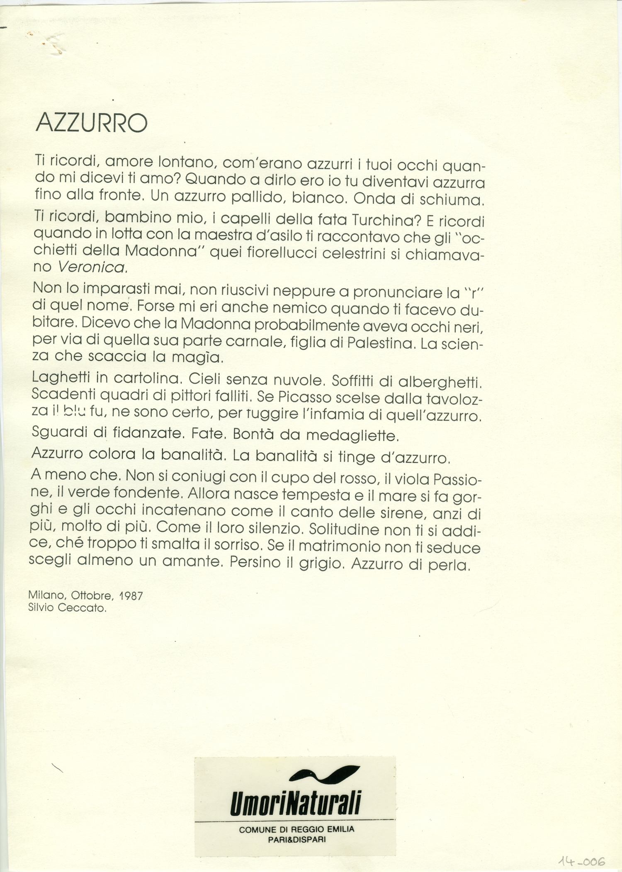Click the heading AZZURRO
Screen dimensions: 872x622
(x=92, y=123)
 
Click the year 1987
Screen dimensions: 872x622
(x=131, y=596)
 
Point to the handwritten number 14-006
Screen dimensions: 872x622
(x=581, y=861)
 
